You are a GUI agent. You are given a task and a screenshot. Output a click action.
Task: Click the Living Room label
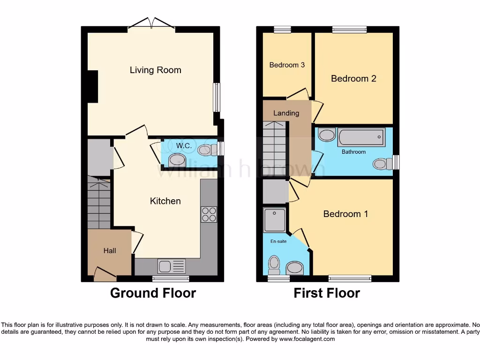[155, 70]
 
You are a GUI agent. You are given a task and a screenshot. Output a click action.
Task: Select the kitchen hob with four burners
[209, 214]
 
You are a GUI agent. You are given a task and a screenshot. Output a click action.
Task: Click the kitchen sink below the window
[172, 266]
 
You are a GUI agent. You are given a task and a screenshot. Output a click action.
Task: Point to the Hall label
[110, 251]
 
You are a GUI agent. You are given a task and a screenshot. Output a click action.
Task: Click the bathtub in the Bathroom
[360, 138]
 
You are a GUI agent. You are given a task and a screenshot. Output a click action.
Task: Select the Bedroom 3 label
[287, 65]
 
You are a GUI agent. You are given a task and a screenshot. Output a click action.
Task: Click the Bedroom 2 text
[353, 79]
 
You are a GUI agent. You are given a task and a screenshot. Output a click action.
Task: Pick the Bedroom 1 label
[345, 214]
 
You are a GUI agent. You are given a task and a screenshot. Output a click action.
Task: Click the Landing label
[286, 113]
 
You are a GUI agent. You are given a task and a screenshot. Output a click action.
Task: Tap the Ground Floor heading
[153, 293]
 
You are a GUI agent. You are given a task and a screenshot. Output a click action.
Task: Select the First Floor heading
[327, 293]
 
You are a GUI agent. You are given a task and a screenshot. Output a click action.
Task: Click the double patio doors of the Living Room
[151, 23]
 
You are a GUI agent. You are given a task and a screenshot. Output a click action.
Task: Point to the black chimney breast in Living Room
[92, 86]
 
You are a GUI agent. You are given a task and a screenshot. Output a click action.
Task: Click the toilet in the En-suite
[273, 265]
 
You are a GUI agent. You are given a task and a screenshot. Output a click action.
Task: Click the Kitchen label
[165, 201]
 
